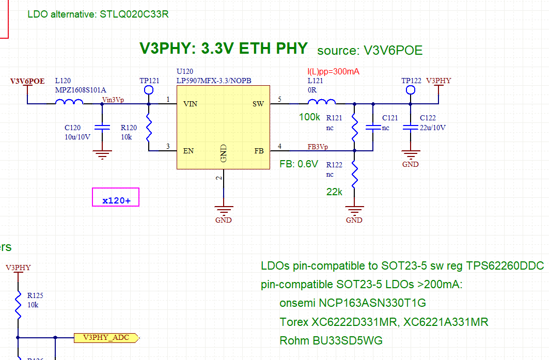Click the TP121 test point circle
pos(149,90)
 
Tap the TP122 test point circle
pos(411,90)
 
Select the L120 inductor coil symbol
pos(69,102)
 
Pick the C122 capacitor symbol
pos(411,127)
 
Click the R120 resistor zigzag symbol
pos(149,128)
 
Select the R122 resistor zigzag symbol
pos(354,175)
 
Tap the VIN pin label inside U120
pos(190,104)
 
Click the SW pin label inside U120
pos(258,104)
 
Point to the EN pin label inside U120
pos(189,151)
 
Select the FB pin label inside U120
pos(259,151)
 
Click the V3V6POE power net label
pos(27,81)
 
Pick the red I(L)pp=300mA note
pos(333,72)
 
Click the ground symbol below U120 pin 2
pos(224,212)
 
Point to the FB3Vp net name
pos(318,147)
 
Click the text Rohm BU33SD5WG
pos(331,340)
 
